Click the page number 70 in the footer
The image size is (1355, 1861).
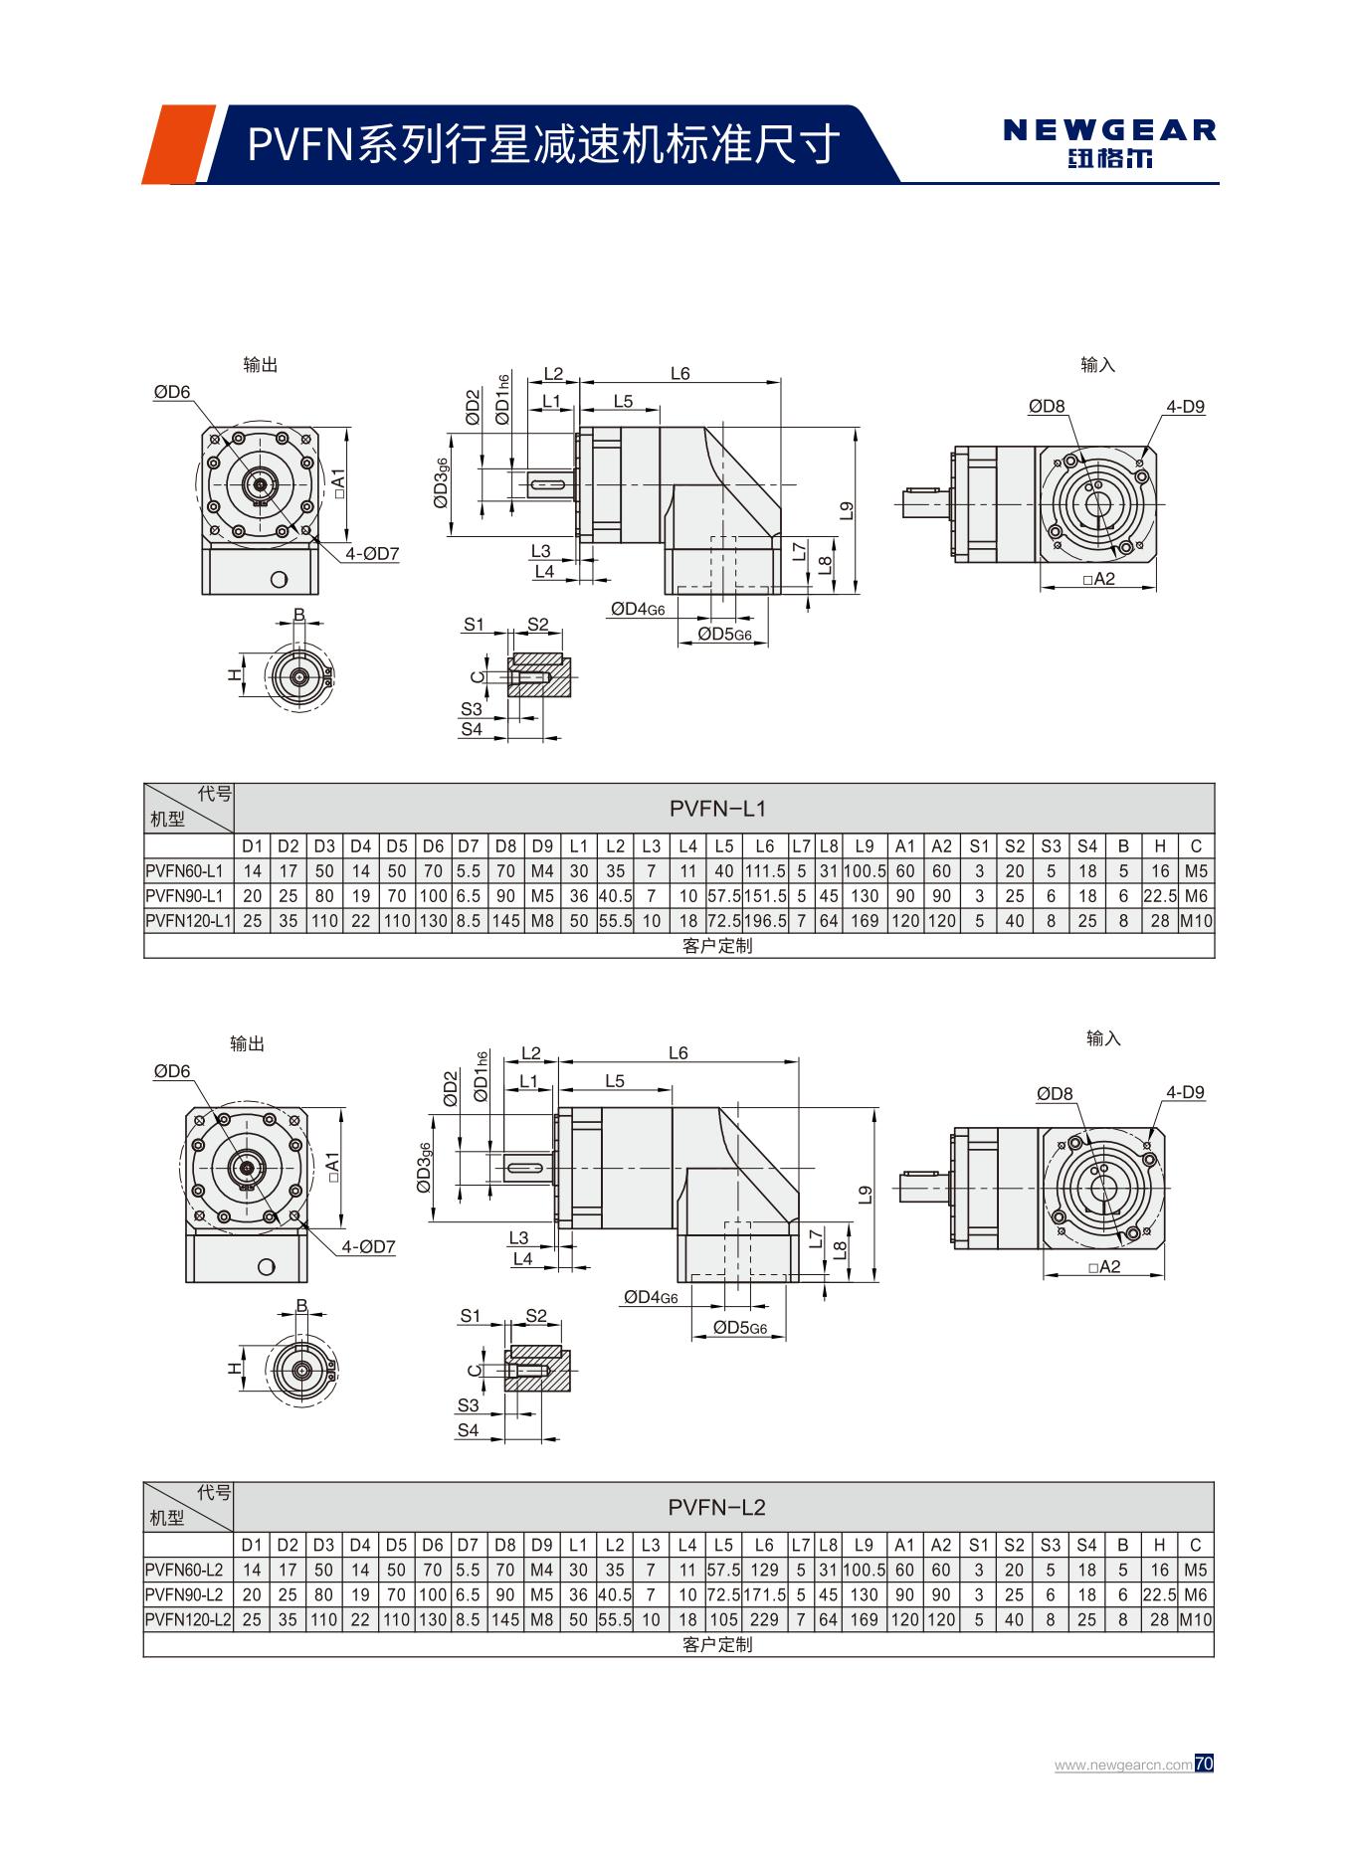pyautogui.click(x=1204, y=1764)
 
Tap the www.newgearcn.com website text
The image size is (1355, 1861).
pyautogui.click(x=1123, y=1765)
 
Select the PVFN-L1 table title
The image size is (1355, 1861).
pyautogui.click(x=717, y=809)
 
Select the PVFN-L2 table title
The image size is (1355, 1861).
pyautogui.click(x=717, y=1507)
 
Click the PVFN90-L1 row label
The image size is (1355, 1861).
pyautogui.click(x=184, y=896)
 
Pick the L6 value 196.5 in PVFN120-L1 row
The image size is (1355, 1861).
pyautogui.click(x=764, y=921)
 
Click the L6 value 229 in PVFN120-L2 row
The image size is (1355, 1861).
pyautogui.click(x=764, y=1619)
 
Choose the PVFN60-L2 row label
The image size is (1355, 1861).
pyautogui.click(x=184, y=1570)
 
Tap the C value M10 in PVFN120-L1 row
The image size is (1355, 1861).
pyautogui.click(x=1196, y=921)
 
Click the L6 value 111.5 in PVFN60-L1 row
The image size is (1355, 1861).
pyautogui.click(x=764, y=871)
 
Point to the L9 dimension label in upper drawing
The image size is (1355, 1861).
pyautogui.click(x=847, y=510)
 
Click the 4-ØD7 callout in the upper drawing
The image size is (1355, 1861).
pyautogui.click(x=372, y=554)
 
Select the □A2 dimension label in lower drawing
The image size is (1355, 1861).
pyautogui.click(x=1104, y=1266)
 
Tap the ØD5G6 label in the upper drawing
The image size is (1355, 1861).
pyautogui.click(x=724, y=634)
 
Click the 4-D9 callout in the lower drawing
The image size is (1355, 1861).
pyautogui.click(x=1185, y=1092)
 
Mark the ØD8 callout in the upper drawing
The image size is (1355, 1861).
pyautogui.click(x=1047, y=406)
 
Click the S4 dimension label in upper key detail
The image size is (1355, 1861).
pyautogui.click(x=471, y=729)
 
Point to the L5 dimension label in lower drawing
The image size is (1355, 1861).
pyautogui.click(x=614, y=1081)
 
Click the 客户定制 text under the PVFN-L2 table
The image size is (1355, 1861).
pyautogui.click(x=717, y=1644)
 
